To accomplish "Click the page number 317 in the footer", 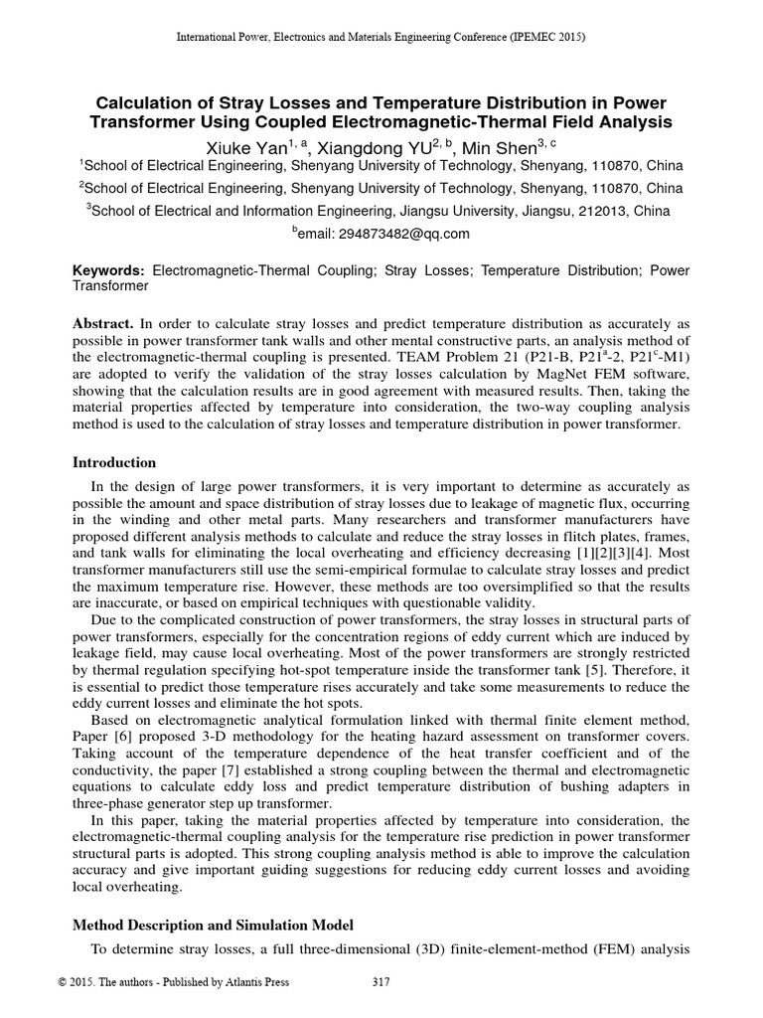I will (380, 984).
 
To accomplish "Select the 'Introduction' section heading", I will (115, 462).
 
